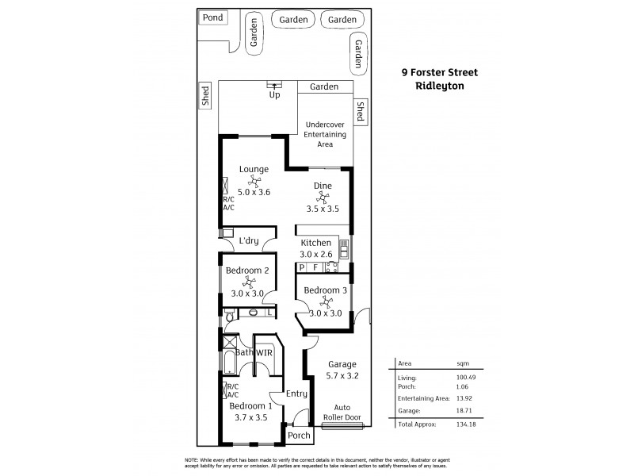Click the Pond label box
[x=212, y=17]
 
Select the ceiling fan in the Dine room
[x=323, y=197]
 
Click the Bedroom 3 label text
[x=325, y=290]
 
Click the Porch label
[x=299, y=436]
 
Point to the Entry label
[x=296, y=393]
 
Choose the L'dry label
[x=248, y=240]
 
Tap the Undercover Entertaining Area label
[x=325, y=136]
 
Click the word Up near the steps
[x=275, y=95]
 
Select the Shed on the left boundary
[x=206, y=96]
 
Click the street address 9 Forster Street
[x=439, y=71]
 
